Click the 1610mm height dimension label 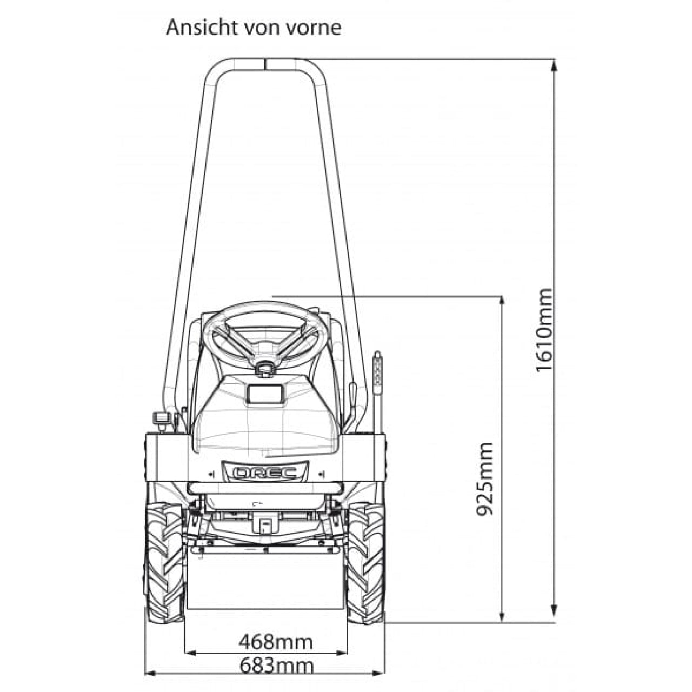[544, 330]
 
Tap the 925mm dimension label [485, 479]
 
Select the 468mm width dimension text [276, 642]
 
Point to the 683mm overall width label [276, 664]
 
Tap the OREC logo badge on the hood [264, 473]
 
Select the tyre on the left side [164, 562]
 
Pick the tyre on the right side [365, 562]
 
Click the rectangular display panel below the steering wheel [265, 394]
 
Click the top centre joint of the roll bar [265, 63]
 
